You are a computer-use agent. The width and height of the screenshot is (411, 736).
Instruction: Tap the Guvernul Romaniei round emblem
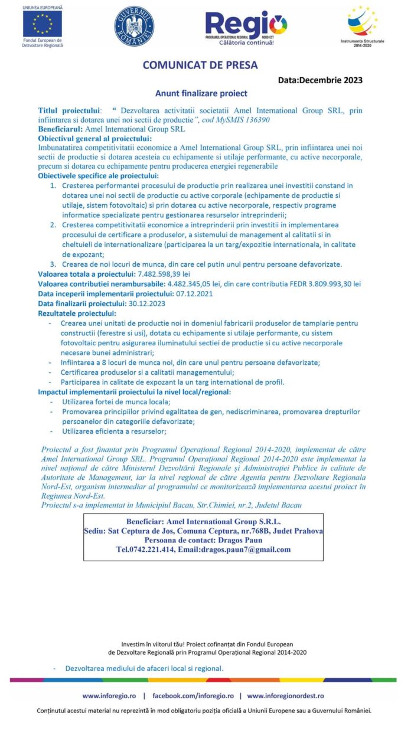pyautogui.click(x=134, y=27)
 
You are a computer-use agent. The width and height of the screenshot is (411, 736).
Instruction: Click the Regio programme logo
pyautogui.click(x=246, y=28)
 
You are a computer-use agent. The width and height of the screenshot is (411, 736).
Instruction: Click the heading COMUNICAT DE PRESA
pyautogui.click(x=200, y=66)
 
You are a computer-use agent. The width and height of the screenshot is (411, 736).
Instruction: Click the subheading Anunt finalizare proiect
pyautogui.click(x=201, y=93)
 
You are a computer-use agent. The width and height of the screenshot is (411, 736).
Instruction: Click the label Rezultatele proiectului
pyautogui.click(x=77, y=313)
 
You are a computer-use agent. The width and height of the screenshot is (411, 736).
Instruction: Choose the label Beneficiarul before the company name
pyautogui.click(x=61, y=128)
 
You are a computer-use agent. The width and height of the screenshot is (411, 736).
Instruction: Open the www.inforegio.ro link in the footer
pyautogui.click(x=109, y=696)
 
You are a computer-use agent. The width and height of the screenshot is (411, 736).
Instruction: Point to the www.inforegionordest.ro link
pyautogui.click(x=285, y=696)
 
